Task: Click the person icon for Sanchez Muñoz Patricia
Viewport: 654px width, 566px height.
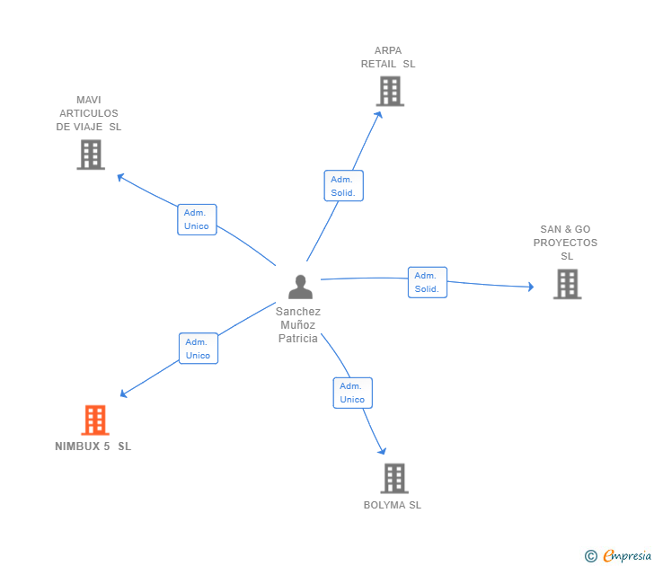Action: (300, 287)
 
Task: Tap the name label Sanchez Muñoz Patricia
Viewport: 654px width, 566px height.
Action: (298, 325)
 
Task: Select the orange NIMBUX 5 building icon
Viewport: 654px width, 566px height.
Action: (94, 420)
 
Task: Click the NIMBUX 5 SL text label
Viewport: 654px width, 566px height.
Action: (93, 447)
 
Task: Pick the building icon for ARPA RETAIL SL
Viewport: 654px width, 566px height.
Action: (389, 91)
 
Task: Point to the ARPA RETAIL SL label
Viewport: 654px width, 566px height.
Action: (388, 57)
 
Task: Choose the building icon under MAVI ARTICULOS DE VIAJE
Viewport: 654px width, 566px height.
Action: (91, 155)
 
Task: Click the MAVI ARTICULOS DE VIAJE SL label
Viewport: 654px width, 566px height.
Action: (89, 113)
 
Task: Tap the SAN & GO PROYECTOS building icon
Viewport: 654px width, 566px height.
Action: (566, 284)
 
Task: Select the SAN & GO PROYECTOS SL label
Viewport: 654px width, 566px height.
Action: (565, 243)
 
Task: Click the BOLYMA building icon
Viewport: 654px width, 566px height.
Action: (393, 478)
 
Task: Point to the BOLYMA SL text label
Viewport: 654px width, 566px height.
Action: (393, 505)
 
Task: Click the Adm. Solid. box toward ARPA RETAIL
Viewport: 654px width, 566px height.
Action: (343, 186)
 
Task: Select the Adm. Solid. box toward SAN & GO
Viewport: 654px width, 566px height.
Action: (427, 282)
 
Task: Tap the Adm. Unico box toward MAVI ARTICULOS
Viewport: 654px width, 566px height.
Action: (197, 219)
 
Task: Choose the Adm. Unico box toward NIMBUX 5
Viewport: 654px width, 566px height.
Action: (198, 349)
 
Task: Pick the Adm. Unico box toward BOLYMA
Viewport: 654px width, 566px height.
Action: (352, 393)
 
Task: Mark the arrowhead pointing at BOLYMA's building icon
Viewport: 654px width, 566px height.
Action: (383, 451)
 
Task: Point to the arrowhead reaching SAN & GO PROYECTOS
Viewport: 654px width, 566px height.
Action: (531, 287)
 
